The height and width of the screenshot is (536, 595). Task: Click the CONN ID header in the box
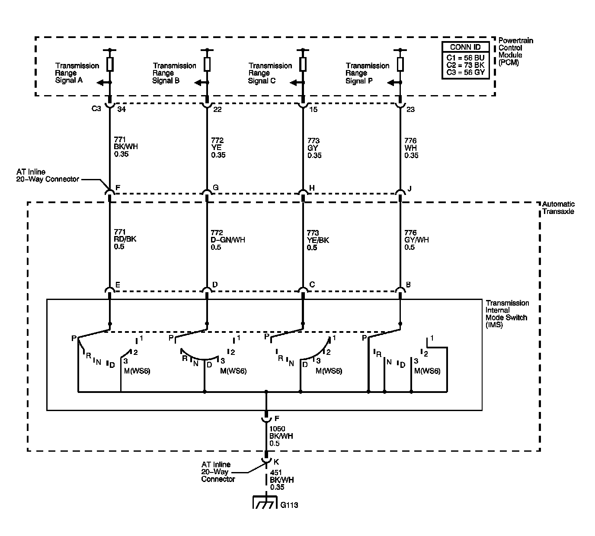pos(465,47)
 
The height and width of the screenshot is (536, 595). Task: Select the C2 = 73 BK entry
pos(465,65)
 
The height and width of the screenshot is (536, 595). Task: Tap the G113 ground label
pos(289,505)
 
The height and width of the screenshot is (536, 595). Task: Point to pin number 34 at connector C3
pos(122,110)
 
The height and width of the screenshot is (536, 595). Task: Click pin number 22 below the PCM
pos(217,110)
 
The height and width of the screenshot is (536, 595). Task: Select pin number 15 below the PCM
pos(313,110)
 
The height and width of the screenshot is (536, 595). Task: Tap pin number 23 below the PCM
pos(410,110)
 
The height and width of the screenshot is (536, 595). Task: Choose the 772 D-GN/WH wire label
pos(227,240)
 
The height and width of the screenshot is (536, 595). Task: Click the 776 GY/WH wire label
pos(416,240)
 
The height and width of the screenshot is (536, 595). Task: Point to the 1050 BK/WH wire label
pos(281,436)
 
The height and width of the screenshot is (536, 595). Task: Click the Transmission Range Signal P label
pos(367,73)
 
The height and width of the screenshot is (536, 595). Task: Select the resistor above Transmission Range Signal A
pos(110,64)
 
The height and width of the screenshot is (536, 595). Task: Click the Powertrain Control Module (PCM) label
pos(515,51)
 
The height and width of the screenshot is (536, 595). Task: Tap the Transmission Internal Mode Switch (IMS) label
pos(507,314)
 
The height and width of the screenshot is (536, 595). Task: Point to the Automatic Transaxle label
pos(558,207)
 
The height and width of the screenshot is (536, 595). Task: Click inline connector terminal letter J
pos(409,188)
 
